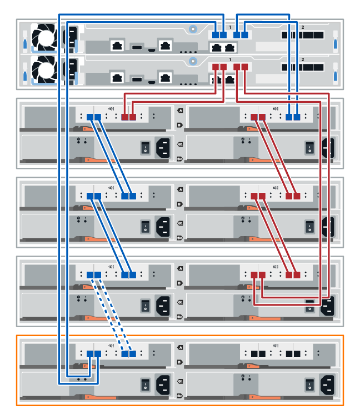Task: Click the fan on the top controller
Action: point(43,37)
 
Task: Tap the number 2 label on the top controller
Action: point(302,27)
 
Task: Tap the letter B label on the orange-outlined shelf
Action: point(179,362)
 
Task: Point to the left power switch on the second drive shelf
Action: point(145,226)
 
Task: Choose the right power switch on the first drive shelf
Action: point(309,147)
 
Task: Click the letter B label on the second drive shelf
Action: point(179,204)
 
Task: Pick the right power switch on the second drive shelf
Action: point(309,226)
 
